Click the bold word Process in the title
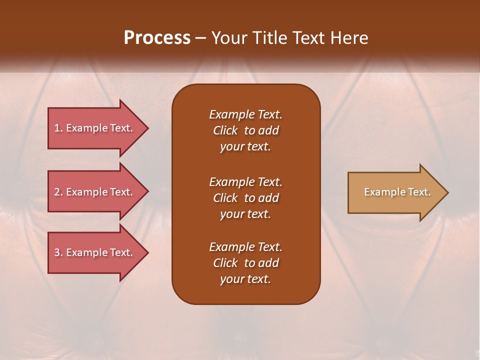pyautogui.click(x=157, y=38)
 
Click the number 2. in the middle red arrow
pyautogui.click(x=58, y=192)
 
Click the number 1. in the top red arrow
pyautogui.click(x=58, y=128)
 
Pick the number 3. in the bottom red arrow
pyautogui.click(x=58, y=252)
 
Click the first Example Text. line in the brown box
pyautogui.click(x=245, y=114)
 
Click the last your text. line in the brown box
pyautogui.click(x=245, y=279)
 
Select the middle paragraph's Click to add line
pyautogui.click(x=245, y=198)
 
